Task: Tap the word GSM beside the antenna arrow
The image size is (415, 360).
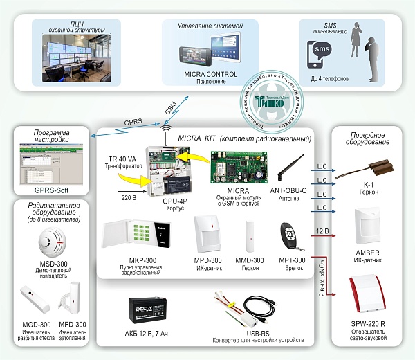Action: pos(170,111)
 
